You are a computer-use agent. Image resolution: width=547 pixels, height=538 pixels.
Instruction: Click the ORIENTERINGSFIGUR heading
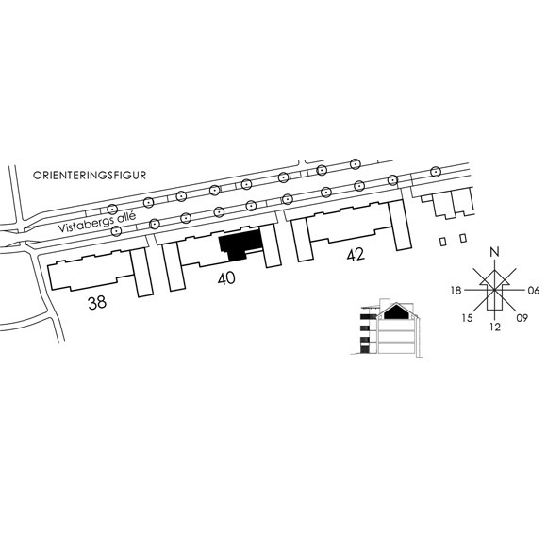click(x=90, y=175)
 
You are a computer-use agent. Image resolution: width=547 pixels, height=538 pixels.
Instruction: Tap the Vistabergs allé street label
click(x=96, y=222)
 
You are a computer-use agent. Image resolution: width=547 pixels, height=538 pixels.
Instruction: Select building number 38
click(x=97, y=303)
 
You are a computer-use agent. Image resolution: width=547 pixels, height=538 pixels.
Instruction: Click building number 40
click(x=226, y=278)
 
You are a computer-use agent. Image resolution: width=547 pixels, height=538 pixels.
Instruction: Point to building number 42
click(x=356, y=254)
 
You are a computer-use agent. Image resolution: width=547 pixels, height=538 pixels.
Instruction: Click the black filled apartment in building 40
click(x=240, y=243)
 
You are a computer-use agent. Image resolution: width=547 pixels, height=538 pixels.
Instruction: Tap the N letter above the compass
click(x=494, y=252)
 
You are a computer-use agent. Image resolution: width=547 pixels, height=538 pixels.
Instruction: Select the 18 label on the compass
click(x=456, y=290)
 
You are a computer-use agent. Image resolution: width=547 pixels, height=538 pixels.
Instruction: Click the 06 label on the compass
click(x=534, y=290)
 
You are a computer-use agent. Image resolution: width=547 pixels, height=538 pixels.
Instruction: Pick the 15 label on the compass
click(x=467, y=318)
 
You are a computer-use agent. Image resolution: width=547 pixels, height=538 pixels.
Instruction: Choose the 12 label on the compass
click(x=495, y=327)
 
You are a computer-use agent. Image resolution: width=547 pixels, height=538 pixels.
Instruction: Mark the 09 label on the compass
click(x=522, y=318)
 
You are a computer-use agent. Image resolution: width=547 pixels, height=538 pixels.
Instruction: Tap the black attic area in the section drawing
click(x=396, y=311)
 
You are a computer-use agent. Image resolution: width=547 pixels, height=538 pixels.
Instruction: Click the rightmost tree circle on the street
click(x=435, y=172)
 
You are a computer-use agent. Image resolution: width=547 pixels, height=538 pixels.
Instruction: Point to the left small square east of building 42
click(x=442, y=242)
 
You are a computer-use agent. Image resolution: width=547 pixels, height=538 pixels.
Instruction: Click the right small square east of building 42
click(x=463, y=238)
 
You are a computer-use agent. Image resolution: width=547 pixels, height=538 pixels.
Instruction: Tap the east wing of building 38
click(x=141, y=273)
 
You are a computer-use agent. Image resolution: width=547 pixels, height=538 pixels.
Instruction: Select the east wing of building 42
click(x=400, y=226)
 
